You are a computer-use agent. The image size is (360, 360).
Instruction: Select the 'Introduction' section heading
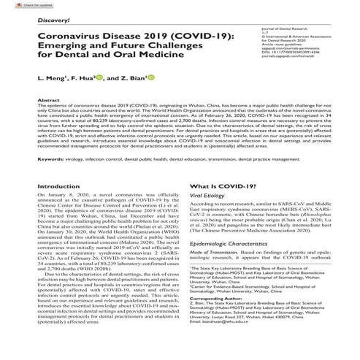[58, 188]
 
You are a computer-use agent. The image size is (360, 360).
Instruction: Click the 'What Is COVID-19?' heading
[220, 188]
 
